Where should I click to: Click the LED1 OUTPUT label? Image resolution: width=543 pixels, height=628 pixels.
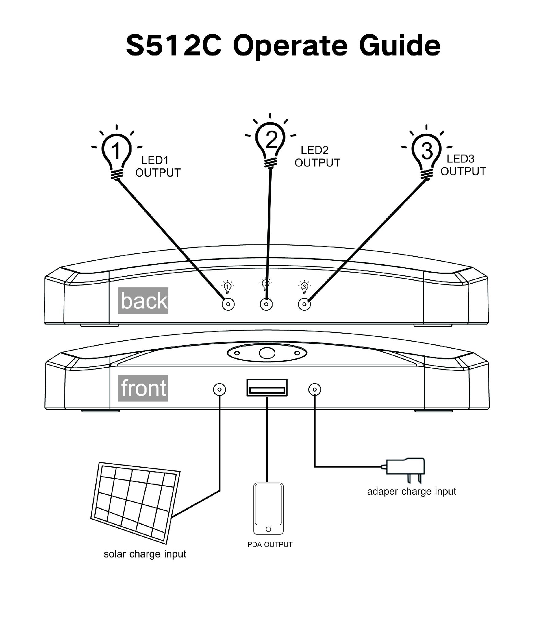pos(158,167)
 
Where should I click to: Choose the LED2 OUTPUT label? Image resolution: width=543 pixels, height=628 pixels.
pos(317,156)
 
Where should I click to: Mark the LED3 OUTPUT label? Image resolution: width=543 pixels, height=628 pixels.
pos(463,165)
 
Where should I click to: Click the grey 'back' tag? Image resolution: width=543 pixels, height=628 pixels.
pos(143,301)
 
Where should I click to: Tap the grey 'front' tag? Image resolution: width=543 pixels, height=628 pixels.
pos(143,388)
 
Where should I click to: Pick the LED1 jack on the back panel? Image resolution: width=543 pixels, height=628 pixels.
pos(228,304)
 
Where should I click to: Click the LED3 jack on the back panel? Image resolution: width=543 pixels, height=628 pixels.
pos(304,304)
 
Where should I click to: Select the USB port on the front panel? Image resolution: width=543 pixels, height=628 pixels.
pos(267,388)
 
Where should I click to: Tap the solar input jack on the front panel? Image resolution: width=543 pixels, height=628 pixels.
pos(219,389)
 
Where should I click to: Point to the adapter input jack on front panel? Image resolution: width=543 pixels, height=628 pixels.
pos(315,389)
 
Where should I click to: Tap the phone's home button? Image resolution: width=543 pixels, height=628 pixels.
pos(269,529)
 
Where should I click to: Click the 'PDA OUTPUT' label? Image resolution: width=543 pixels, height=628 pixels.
pos(270,545)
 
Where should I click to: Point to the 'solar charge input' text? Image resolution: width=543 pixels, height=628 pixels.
pos(145,554)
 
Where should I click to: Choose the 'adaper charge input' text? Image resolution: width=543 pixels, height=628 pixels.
pos(411,491)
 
